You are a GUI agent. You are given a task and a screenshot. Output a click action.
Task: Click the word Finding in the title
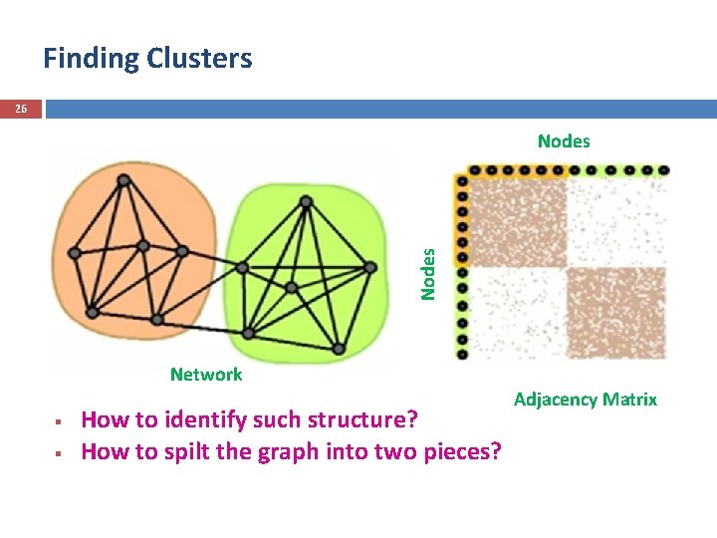point(91,59)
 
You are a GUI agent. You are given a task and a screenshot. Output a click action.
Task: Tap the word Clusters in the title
point(199,59)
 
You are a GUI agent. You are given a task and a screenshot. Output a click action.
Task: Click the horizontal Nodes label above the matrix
point(564,141)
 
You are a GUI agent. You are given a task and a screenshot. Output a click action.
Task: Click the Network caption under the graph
point(206,375)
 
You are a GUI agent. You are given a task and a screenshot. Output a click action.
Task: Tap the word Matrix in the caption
point(628,400)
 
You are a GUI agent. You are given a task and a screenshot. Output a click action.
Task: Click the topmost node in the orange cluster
point(124,180)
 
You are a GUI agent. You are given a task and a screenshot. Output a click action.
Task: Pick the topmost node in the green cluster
point(307,201)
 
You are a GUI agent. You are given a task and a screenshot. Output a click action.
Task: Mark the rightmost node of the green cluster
point(369,267)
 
